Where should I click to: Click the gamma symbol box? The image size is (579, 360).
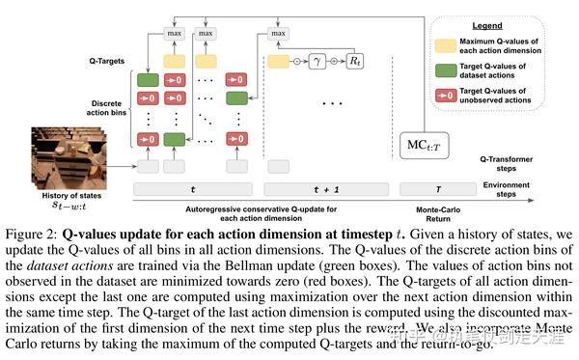tap(317, 61)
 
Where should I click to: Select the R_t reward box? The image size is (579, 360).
tap(357, 61)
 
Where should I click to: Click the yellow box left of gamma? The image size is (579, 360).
tap(278, 61)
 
